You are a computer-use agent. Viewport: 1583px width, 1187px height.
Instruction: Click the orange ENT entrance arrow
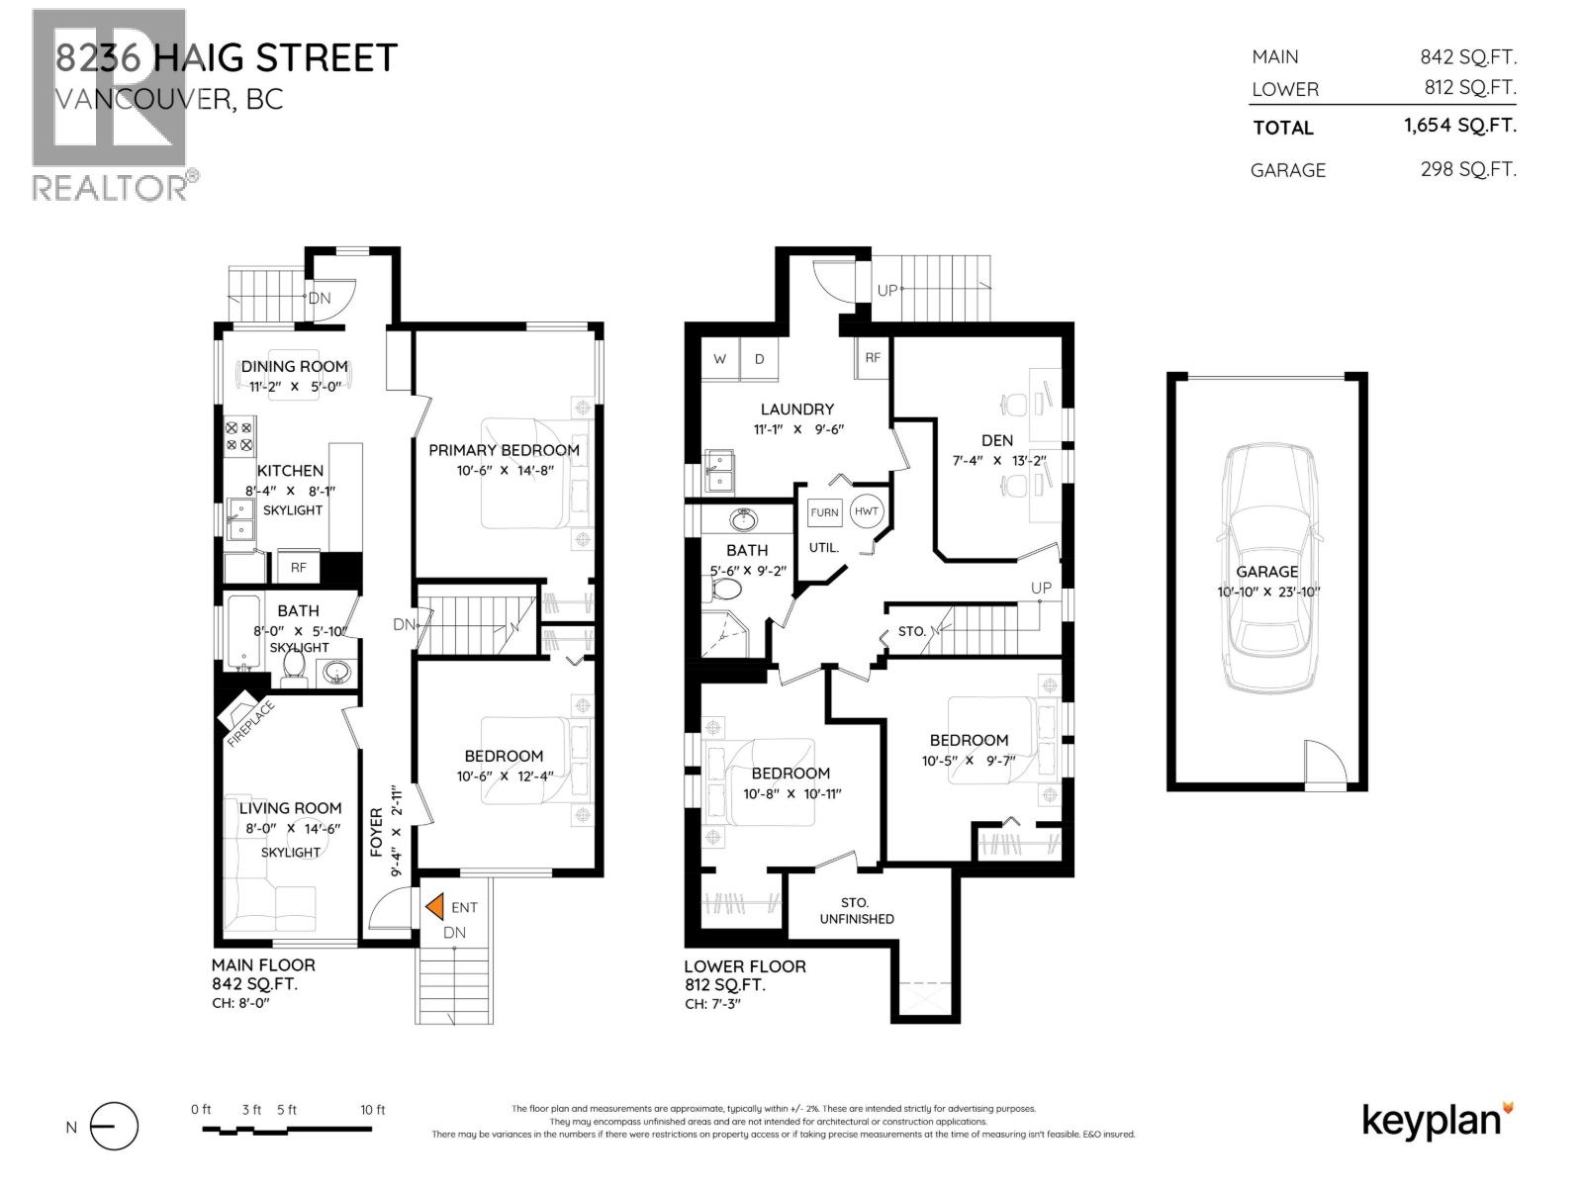[433, 906]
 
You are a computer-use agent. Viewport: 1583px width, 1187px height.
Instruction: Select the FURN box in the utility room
[824, 511]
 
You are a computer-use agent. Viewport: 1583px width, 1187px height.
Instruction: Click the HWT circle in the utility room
[866, 510]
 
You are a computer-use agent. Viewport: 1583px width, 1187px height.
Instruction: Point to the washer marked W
[719, 359]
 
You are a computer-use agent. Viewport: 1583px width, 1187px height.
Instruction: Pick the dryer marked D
[760, 359]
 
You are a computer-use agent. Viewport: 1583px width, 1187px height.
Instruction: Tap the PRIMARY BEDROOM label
[504, 450]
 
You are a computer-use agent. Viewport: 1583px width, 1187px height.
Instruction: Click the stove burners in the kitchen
[239, 436]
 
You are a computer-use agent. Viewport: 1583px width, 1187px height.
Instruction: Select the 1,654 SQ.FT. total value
[1459, 126]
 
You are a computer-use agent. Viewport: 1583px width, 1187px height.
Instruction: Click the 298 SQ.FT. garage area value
[1467, 169]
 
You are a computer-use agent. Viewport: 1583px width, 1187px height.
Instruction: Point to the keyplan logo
[1437, 1121]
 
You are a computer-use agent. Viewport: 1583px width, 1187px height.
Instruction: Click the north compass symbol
[113, 1127]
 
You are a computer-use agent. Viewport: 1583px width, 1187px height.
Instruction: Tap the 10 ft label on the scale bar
[373, 1110]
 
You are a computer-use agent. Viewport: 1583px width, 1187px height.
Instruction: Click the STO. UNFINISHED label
[856, 910]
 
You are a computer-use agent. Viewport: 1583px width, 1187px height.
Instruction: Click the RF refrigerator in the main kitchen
[298, 567]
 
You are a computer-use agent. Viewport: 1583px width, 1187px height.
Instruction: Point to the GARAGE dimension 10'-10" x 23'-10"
[1268, 593]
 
